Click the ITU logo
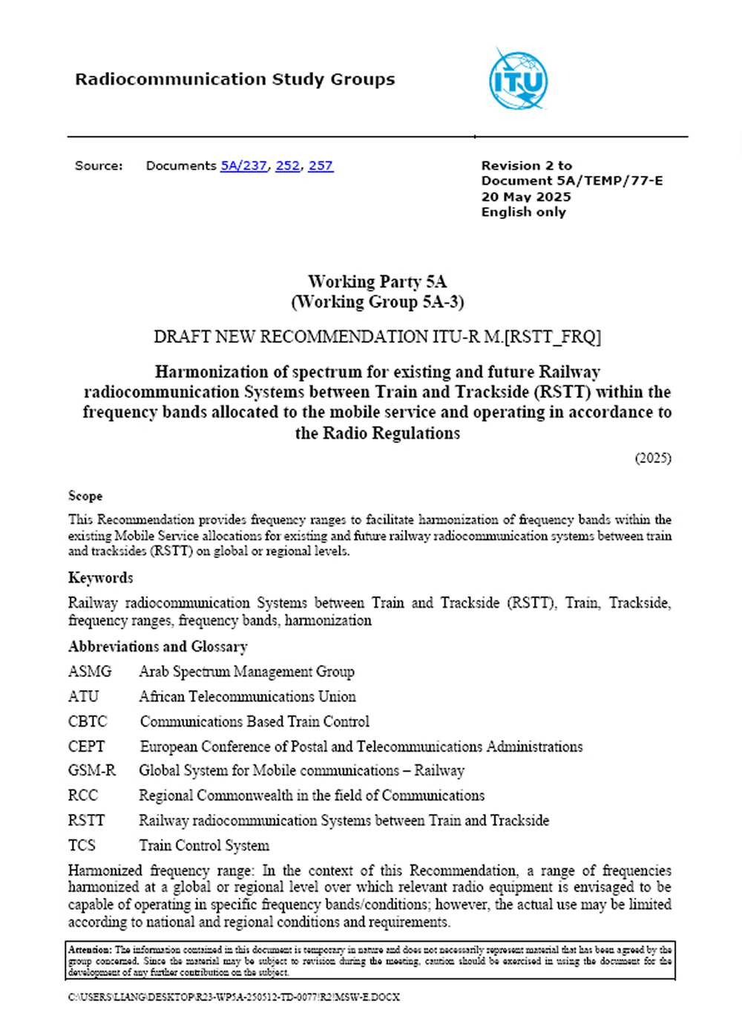(x=519, y=80)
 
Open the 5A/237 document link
(x=243, y=165)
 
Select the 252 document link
(x=287, y=165)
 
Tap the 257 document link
(x=321, y=165)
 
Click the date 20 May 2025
(x=526, y=197)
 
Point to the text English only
(x=523, y=212)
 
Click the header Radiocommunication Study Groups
(x=234, y=79)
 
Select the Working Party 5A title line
(x=377, y=281)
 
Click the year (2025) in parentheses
(x=653, y=458)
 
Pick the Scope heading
(x=85, y=496)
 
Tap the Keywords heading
(x=101, y=577)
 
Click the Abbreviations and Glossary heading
(x=157, y=646)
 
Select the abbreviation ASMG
(x=90, y=672)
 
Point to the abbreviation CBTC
(x=88, y=721)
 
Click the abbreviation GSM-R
(x=92, y=770)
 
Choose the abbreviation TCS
(x=82, y=845)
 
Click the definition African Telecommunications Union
(x=247, y=697)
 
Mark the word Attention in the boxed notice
(x=89, y=949)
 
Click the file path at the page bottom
(x=234, y=997)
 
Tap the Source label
(x=99, y=165)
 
